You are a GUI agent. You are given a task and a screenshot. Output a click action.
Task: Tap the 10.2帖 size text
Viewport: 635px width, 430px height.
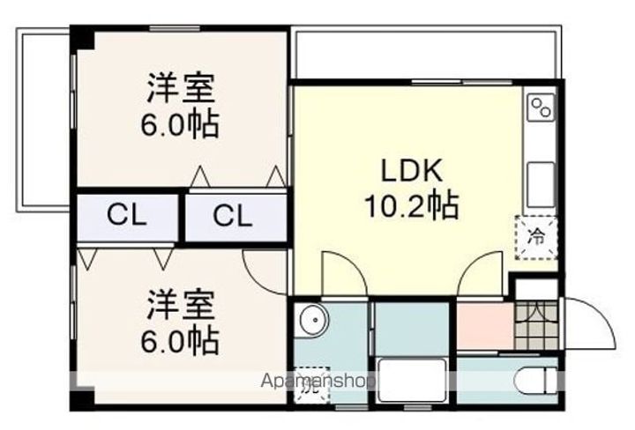pos(411,207)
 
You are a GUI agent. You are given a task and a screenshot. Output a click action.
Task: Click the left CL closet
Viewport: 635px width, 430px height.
pos(127,215)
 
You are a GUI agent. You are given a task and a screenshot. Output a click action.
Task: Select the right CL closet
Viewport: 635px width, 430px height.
pos(235,215)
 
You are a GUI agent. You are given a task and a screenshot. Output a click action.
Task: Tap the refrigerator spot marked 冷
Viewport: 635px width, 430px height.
pos(536,236)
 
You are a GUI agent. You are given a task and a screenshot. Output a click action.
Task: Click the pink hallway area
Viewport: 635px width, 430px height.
pos(483,325)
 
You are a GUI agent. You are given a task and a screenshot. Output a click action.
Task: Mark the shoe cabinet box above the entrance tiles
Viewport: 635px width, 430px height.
pos(535,288)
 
